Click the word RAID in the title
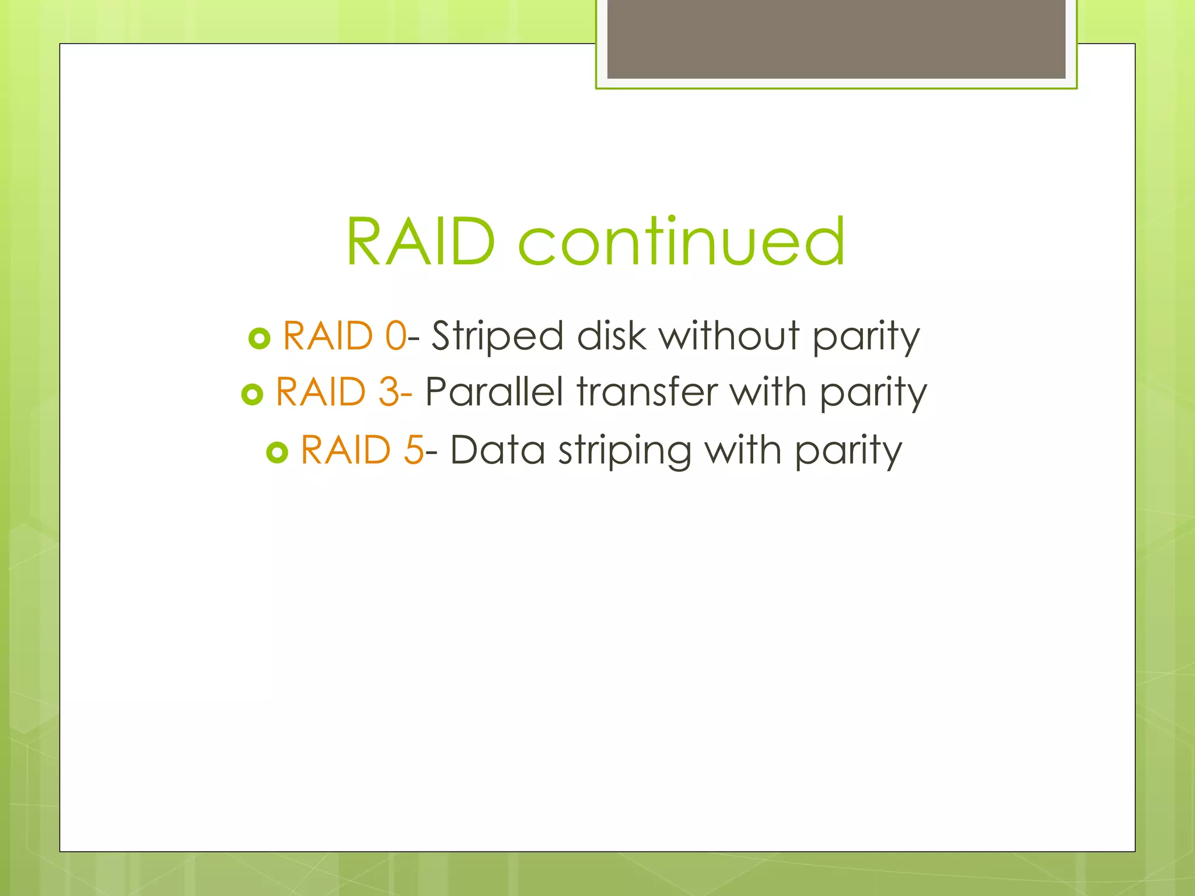pyautogui.click(x=420, y=242)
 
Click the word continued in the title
pyautogui.click(x=682, y=242)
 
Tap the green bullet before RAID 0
pyautogui.click(x=259, y=338)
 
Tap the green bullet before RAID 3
pyautogui.click(x=252, y=395)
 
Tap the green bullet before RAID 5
pyautogui.click(x=277, y=452)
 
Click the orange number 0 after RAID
pyautogui.click(x=396, y=336)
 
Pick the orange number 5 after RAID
pyautogui.click(x=414, y=450)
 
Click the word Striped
pyautogui.click(x=497, y=337)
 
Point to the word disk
pyautogui.click(x=612, y=336)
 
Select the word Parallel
pyautogui.click(x=494, y=392)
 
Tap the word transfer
pyautogui.click(x=647, y=392)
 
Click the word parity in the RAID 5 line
pyautogui.click(x=848, y=453)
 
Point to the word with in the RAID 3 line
pyautogui.click(x=768, y=392)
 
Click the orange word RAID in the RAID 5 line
pyautogui.click(x=345, y=450)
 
